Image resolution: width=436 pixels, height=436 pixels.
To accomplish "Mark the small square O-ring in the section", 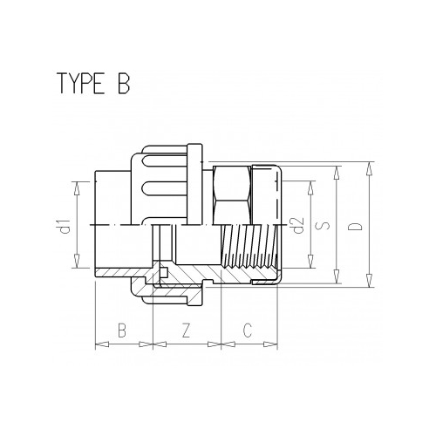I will pyautogui.click(x=164, y=278).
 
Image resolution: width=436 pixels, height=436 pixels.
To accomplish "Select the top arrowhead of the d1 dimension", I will pyautogui.click(x=78, y=185).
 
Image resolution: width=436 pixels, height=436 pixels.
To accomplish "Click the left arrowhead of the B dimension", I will pyautogui.click(x=98, y=344).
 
